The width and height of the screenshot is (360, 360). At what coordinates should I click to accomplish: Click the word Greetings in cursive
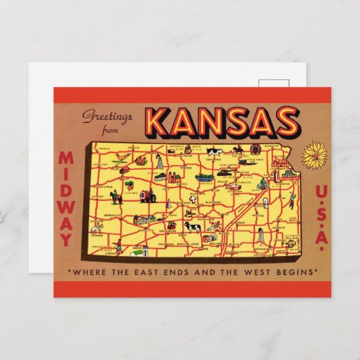pyautogui.click(x=104, y=115)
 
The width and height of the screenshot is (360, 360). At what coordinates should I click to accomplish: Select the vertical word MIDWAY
pyautogui.click(x=65, y=198)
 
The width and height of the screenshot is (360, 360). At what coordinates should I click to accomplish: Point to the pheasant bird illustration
pyautogui.click(x=121, y=158)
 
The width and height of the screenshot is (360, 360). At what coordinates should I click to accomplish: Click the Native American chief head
pyautogui.click(x=255, y=149)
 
